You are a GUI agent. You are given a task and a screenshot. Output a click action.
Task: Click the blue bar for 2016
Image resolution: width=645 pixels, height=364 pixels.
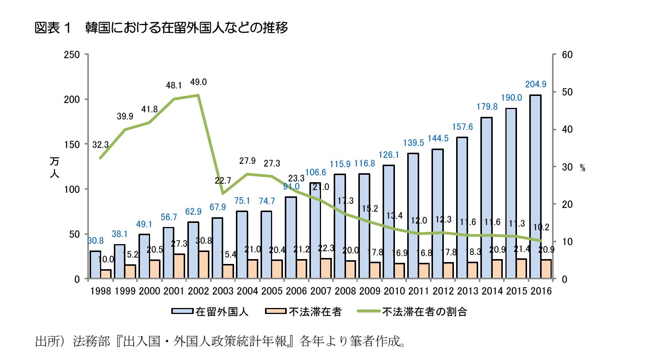tap(535, 187)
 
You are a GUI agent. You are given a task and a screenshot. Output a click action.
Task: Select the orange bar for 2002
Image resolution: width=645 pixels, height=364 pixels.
tap(204, 265)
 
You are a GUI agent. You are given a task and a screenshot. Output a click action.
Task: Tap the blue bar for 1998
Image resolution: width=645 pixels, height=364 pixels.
tap(95, 265)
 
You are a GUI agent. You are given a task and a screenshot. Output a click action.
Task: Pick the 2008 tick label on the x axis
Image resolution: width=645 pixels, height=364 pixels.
tap(345, 291)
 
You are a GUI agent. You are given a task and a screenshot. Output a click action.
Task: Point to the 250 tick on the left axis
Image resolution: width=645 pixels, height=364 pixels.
tap(72, 55)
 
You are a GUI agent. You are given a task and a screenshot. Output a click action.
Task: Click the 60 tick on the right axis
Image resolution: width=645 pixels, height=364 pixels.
tap(567, 55)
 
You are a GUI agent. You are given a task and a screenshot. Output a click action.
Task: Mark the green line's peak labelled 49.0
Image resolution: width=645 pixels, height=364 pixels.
tap(198, 95)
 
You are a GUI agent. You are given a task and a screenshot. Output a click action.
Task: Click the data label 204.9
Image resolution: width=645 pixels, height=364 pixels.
tap(536, 84)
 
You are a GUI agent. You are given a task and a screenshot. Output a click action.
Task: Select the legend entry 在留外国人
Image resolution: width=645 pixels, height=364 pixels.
tap(222, 312)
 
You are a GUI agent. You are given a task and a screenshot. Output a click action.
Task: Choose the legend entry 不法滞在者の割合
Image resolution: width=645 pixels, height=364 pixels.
tap(424, 312)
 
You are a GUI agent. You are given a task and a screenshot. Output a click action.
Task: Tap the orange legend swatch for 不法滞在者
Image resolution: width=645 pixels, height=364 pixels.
tap(275, 311)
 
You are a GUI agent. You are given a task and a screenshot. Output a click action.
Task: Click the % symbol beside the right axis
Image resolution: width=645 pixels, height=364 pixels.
tap(582, 168)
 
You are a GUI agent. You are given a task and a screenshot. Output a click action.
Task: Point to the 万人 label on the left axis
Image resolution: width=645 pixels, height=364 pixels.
tap(54, 167)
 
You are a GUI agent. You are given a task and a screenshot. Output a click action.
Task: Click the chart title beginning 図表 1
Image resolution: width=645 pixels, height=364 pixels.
tap(161, 28)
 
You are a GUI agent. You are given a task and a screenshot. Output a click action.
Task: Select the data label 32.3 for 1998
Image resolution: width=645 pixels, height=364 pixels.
tap(100, 144)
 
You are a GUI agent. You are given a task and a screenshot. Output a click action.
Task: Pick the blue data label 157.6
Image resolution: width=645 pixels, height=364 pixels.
tap(462, 127)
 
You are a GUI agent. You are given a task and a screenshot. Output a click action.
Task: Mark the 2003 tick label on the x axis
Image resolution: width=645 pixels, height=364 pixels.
tap(223, 291)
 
